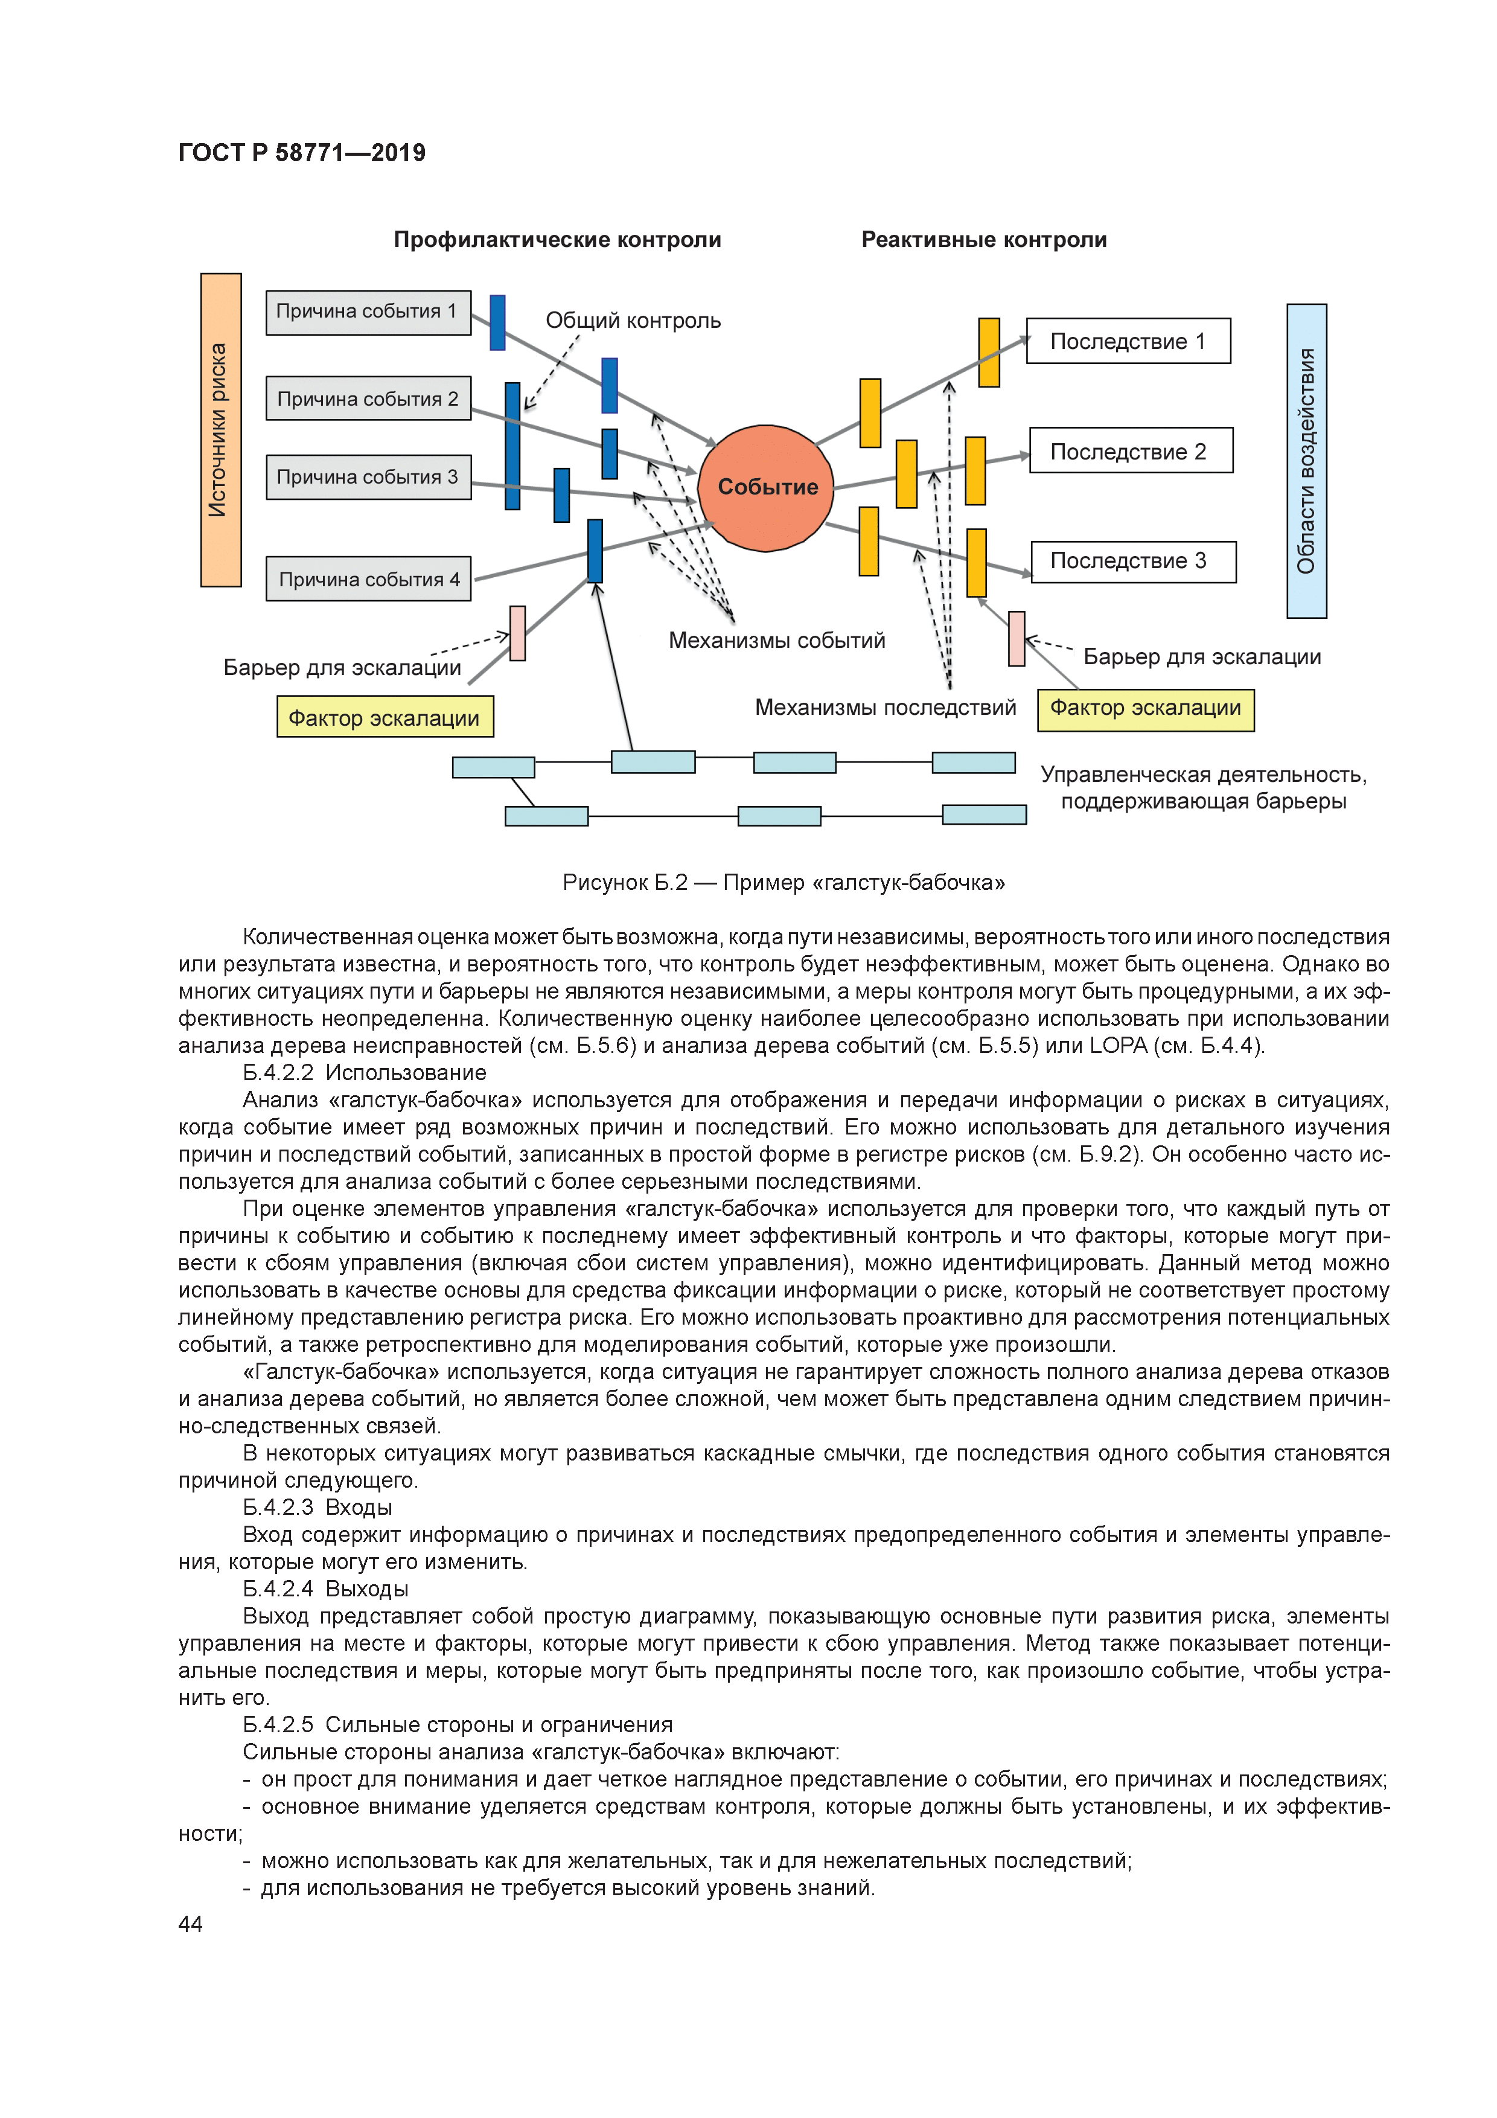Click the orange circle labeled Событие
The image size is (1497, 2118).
click(x=765, y=487)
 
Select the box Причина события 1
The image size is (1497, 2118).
click(x=368, y=312)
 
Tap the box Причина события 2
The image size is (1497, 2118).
click(x=368, y=398)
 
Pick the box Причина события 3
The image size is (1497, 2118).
click(x=368, y=477)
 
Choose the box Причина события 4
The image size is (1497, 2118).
click(x=368, y=580)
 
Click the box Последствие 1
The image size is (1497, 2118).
click(x=1128, y=341)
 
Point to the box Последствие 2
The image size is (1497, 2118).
click(x=1131, y=451)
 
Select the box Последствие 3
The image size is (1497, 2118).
click(x=1132, y=561)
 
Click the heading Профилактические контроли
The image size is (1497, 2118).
click(x=557, y=240)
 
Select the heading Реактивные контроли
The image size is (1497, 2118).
click(x=983, y=240)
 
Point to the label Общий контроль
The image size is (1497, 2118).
click(x=633, y=321)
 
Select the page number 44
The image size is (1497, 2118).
click(x=190, y=1924)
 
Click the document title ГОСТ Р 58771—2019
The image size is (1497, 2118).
click(x=302, y=153)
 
